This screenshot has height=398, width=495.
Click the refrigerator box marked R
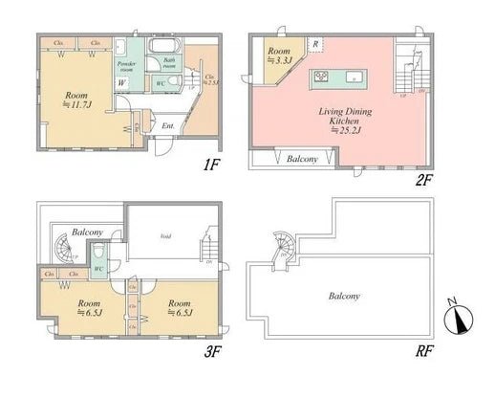[x=316, y=43]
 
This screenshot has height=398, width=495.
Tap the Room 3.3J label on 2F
[x=279, y=55]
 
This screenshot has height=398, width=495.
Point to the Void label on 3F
[x=164, y=235]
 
